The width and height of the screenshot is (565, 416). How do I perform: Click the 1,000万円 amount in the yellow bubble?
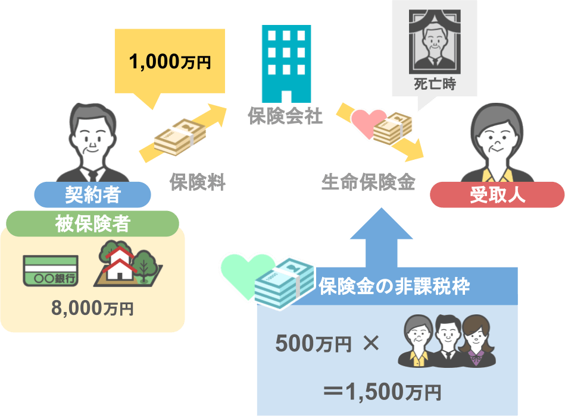pos(170,61)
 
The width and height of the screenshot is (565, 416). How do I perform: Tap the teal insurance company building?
pos(286,64)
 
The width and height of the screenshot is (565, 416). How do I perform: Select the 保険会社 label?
pos(285,116)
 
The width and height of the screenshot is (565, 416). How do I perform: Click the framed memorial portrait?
pos(435,42)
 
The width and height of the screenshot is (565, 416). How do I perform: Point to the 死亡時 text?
pos(435,84)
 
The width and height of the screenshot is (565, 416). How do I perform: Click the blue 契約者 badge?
pos(92,194)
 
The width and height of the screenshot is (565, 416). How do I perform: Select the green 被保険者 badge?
pos(92,223)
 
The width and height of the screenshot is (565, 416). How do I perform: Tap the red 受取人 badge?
pos(497,194)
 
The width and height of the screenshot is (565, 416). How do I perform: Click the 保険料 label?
pos(198,182)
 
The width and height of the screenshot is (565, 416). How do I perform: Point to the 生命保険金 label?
pos(369,182)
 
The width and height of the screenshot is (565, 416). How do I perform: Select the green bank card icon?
pos(51,271)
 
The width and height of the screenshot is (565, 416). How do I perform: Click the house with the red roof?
pos(120,264)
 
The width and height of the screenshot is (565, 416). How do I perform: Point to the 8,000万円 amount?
pos(92,308)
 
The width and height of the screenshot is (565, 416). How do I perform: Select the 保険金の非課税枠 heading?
pos(394,286)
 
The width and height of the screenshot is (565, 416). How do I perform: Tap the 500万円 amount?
pos(313,343)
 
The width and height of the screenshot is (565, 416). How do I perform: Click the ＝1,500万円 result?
pos(382,392)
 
